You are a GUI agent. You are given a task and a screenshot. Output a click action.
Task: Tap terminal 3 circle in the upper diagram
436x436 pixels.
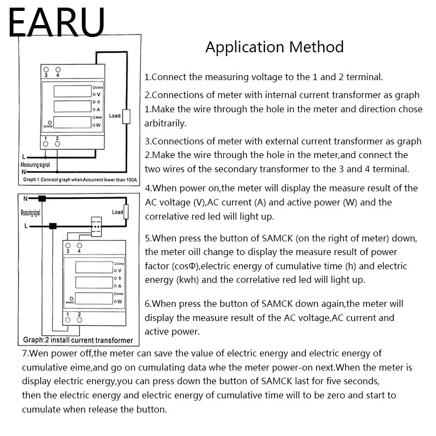pos(46,70)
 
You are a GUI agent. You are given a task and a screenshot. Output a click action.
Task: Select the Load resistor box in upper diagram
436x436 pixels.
pos(126,116)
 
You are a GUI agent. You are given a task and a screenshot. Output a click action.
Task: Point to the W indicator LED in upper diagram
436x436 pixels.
pos(94,125)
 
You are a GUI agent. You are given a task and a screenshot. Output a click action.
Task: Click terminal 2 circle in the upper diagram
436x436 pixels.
pos(57,144)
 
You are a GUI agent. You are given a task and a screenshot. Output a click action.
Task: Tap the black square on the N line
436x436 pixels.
pos(41,198)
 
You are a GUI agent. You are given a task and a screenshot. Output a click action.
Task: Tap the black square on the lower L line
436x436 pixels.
pos(53,225)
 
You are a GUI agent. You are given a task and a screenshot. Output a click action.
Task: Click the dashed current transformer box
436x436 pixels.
pos(95,225)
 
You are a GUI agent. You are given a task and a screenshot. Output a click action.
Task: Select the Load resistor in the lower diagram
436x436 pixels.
pos(127,211)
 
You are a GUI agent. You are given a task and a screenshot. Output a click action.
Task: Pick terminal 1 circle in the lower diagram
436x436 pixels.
pos(68,320)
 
